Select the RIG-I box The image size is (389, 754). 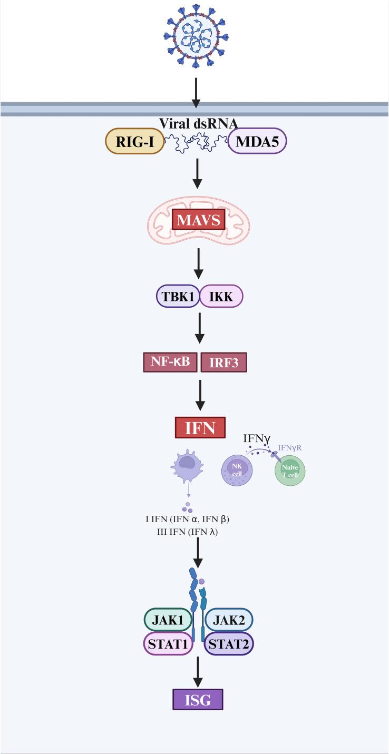[x=134, y=141]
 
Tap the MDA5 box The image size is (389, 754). [x=257, y=141]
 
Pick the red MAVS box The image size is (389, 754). [x=198, y=219]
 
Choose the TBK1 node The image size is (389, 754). [x=178, y=297]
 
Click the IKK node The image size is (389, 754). [x=221, y=297]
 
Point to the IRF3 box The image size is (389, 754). [x=223, y=363]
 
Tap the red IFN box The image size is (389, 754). [x=200, y=427]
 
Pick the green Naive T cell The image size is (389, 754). [x=289, y=471]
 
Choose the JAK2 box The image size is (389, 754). [x=228, y=620]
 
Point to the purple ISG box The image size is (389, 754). [x=198, y=700]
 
